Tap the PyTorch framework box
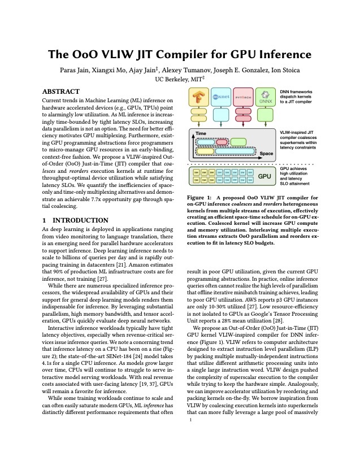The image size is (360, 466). pyautogui.click(x=241, y=97)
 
